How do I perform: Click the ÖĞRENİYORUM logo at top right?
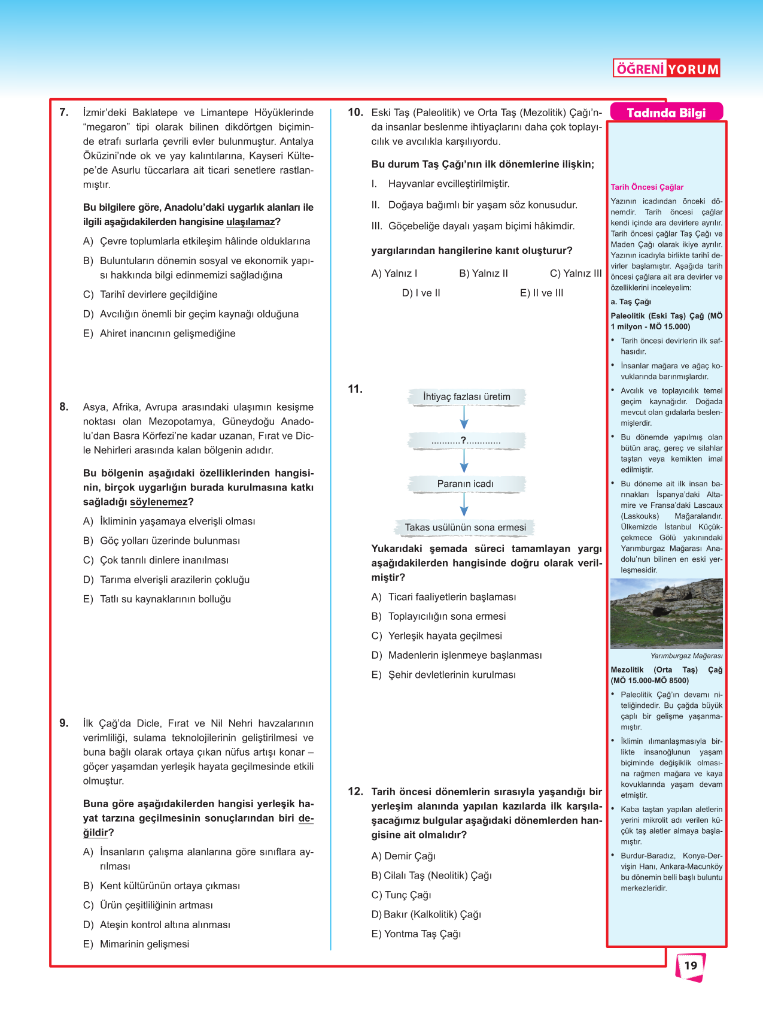[x=667, y=68]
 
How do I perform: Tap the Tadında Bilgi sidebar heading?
[x=666, y=113]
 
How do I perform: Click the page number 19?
[x=691, y=965]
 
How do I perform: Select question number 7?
[x=64, y=112]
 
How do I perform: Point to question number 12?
[x=355, y=791]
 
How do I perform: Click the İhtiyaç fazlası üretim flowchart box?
[x=466, y=396]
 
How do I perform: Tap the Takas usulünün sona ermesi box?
[x=465, y=528]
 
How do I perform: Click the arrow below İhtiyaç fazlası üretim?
[x=464, y=417]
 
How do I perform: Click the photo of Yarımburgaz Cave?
[x=666, y=613]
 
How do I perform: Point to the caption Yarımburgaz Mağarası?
[x=686, y=656]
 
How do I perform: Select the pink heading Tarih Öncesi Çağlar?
[x=647, y=187]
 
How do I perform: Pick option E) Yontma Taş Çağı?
[x=416, y=934]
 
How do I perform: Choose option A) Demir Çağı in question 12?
[x=403, y=856]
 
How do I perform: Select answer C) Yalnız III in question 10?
[x=575, y=273]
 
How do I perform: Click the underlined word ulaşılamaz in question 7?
[x=250, y=222]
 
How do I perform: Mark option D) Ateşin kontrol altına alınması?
[x=157, y=925]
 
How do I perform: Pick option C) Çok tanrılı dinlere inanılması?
[x=156, y=560]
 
